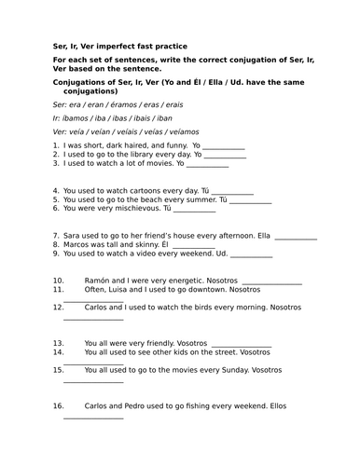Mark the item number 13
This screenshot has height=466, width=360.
(x=59, y=342)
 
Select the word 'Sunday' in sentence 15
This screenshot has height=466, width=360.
(x=221, y=369)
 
